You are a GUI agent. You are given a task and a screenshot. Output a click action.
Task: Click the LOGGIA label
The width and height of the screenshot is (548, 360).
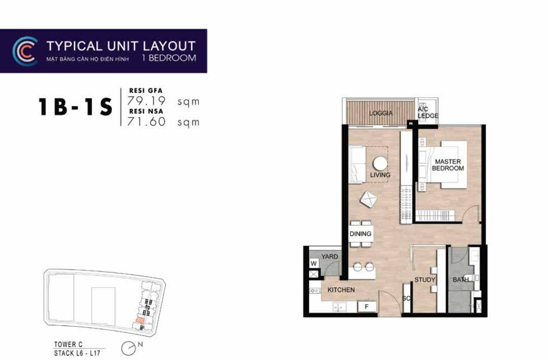(381, 113)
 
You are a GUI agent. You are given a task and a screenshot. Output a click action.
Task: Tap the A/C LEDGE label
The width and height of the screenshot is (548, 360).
(427, 112)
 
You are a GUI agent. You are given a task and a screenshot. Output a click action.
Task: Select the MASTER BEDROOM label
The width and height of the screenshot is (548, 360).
(448, 165)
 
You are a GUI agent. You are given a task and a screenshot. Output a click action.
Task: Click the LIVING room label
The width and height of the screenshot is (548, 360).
(380, 175)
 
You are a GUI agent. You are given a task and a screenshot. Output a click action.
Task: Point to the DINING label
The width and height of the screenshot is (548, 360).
(360, 234)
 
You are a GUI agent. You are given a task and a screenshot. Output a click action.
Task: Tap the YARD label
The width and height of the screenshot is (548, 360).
(329, 256)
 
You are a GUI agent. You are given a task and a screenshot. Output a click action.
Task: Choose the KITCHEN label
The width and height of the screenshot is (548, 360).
(341, 290)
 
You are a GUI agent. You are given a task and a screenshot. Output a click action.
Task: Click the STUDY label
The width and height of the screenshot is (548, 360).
(425, 279)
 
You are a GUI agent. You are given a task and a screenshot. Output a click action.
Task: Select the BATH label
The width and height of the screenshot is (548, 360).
(461, 279)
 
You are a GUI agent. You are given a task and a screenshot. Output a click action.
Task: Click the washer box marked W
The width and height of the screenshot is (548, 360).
(314, 263)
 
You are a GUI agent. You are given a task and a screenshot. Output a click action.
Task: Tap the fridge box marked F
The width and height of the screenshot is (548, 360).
(366, 307)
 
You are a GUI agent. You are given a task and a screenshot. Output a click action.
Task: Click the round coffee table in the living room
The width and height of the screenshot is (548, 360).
(380, 163)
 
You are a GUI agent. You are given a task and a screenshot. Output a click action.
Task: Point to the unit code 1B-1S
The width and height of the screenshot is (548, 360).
(75, 107)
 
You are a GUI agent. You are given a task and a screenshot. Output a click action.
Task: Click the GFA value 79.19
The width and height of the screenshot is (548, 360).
(146, 100)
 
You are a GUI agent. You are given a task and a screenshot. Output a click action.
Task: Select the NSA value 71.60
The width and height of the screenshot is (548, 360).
(146, 122)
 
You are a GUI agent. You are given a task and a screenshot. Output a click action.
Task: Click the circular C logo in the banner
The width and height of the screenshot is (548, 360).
(24, 51)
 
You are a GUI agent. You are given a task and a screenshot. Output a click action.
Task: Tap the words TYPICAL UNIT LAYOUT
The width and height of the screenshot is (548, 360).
(121, 46)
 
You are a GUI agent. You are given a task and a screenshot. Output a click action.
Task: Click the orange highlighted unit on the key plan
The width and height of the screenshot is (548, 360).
(139, 320)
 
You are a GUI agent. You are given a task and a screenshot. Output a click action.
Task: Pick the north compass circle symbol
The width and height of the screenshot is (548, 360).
(128, 348)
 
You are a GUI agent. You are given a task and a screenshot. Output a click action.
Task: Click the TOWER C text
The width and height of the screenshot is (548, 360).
(69, 344)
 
